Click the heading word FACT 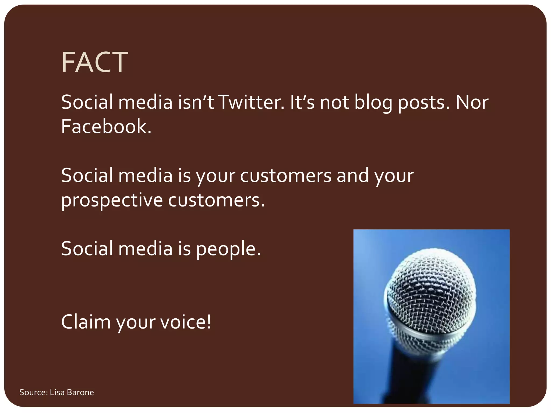coord(94,62)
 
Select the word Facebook coord(106,127)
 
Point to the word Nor coord(472,102)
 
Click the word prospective coord(112,200)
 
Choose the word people coord(228,249)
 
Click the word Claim coord(86,322)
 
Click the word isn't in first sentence coord(196,102)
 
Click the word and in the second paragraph coord(353,176)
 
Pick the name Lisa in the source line coord(57,392)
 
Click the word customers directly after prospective coord(216,200)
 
